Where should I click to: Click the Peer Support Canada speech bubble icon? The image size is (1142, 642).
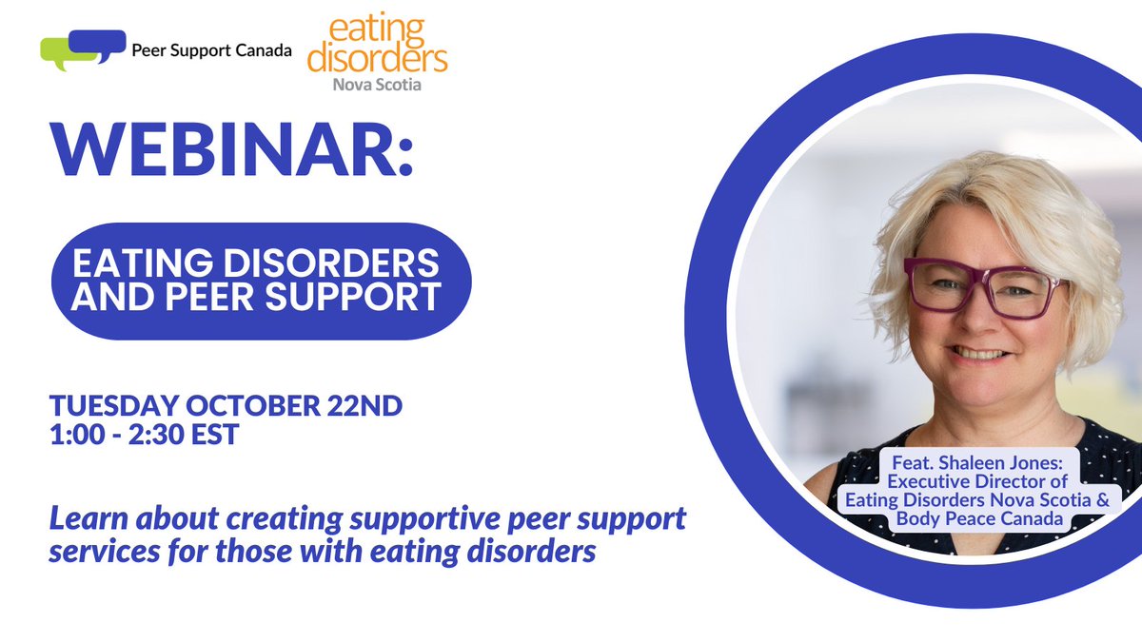(x=83, y=49)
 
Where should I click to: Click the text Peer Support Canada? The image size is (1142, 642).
(x=212, y=50)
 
